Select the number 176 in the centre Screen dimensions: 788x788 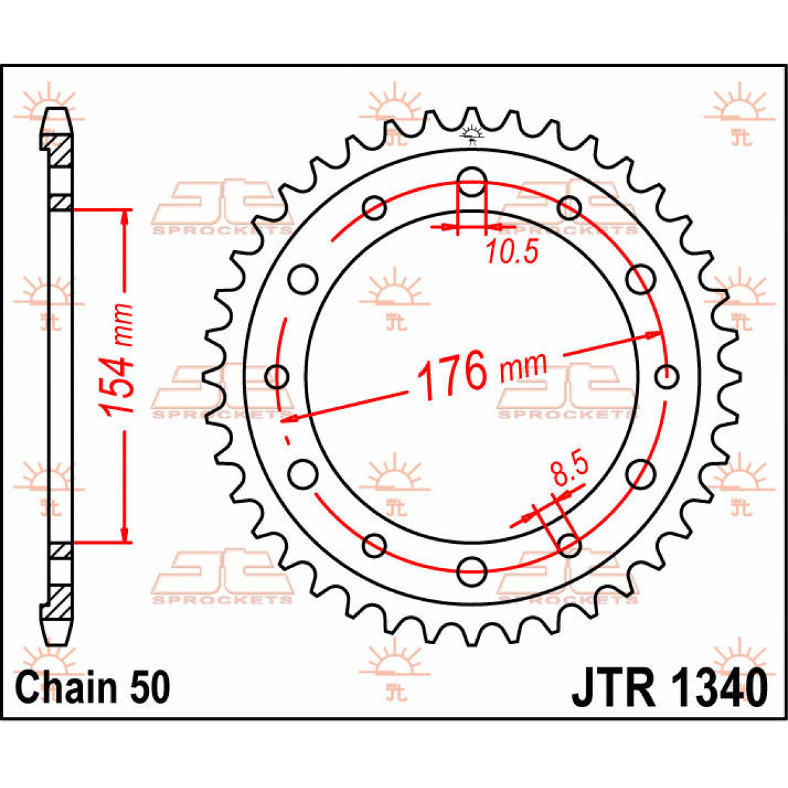tap(452, 374)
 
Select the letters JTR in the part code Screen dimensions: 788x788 tap(613, 688)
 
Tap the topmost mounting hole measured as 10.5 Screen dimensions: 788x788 tap(471, 182)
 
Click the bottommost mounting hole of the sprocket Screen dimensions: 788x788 tap(471, 568)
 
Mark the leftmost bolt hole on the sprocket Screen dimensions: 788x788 tap(278, 377)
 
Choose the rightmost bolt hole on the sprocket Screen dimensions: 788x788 tap(667, 377)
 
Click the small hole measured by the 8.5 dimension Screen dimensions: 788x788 tap(569, 543)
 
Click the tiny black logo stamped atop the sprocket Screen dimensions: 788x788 tap(471, 134)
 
